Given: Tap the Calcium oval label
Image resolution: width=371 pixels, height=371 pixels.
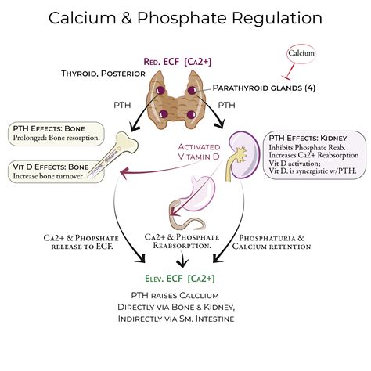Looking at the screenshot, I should coord(301,53).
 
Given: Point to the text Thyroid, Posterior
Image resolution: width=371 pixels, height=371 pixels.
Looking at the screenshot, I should coord(103,74).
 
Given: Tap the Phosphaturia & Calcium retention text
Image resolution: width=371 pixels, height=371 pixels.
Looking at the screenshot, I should coord(273,242).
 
